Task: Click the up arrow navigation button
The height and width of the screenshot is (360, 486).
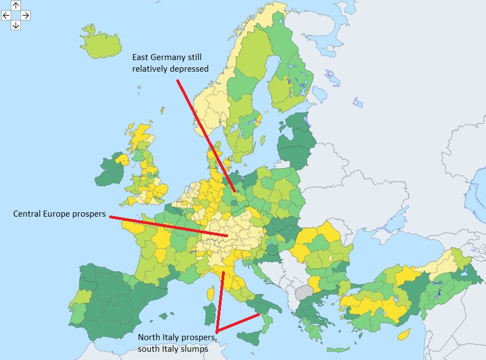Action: (16, 6)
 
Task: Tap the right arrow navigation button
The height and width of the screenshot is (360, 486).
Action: (25, 15)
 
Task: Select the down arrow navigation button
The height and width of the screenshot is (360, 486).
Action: (16, 25)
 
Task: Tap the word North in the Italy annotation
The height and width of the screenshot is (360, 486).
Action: (149, 337)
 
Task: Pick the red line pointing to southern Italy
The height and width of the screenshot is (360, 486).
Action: (238, 323)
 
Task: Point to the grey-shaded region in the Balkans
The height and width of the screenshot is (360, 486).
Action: (303, 292)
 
